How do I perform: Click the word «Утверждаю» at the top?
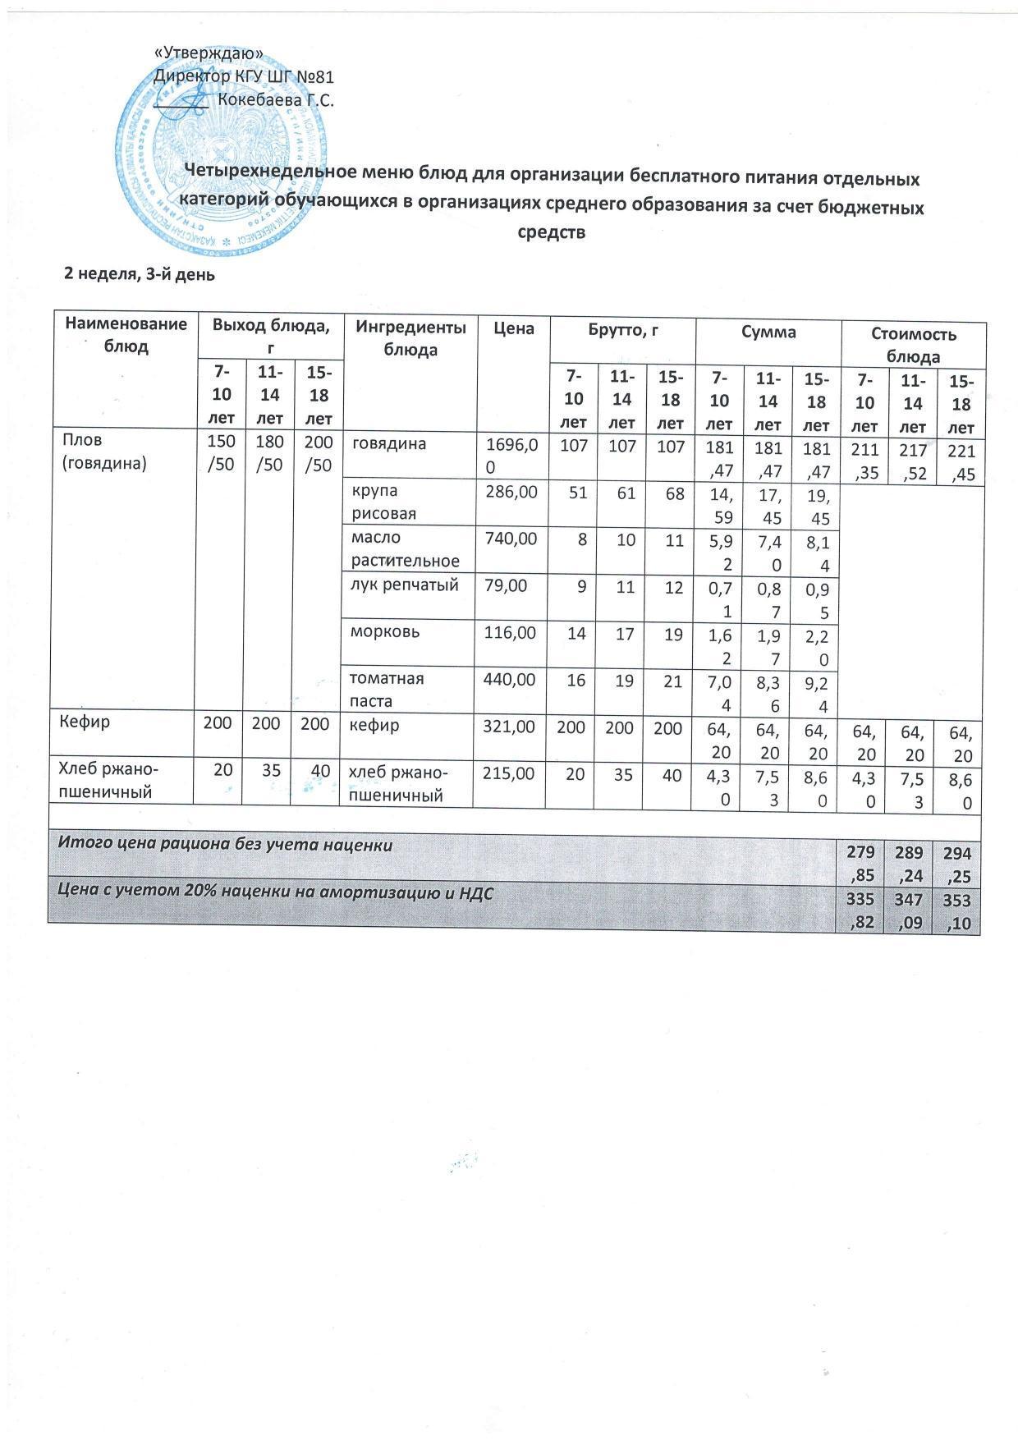click(x=209, y=53)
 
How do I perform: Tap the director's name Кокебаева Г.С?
click(x=276, y=100)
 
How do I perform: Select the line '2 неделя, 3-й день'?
click(x=140, y=275)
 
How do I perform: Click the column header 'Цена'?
click(x=514, y=329)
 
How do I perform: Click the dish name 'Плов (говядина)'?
click(x=104, y=452)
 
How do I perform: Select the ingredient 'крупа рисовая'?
click(x=384, y=502)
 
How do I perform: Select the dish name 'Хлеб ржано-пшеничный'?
click(x=109, y=781)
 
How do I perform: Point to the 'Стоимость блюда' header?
click(x=913, y=346)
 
